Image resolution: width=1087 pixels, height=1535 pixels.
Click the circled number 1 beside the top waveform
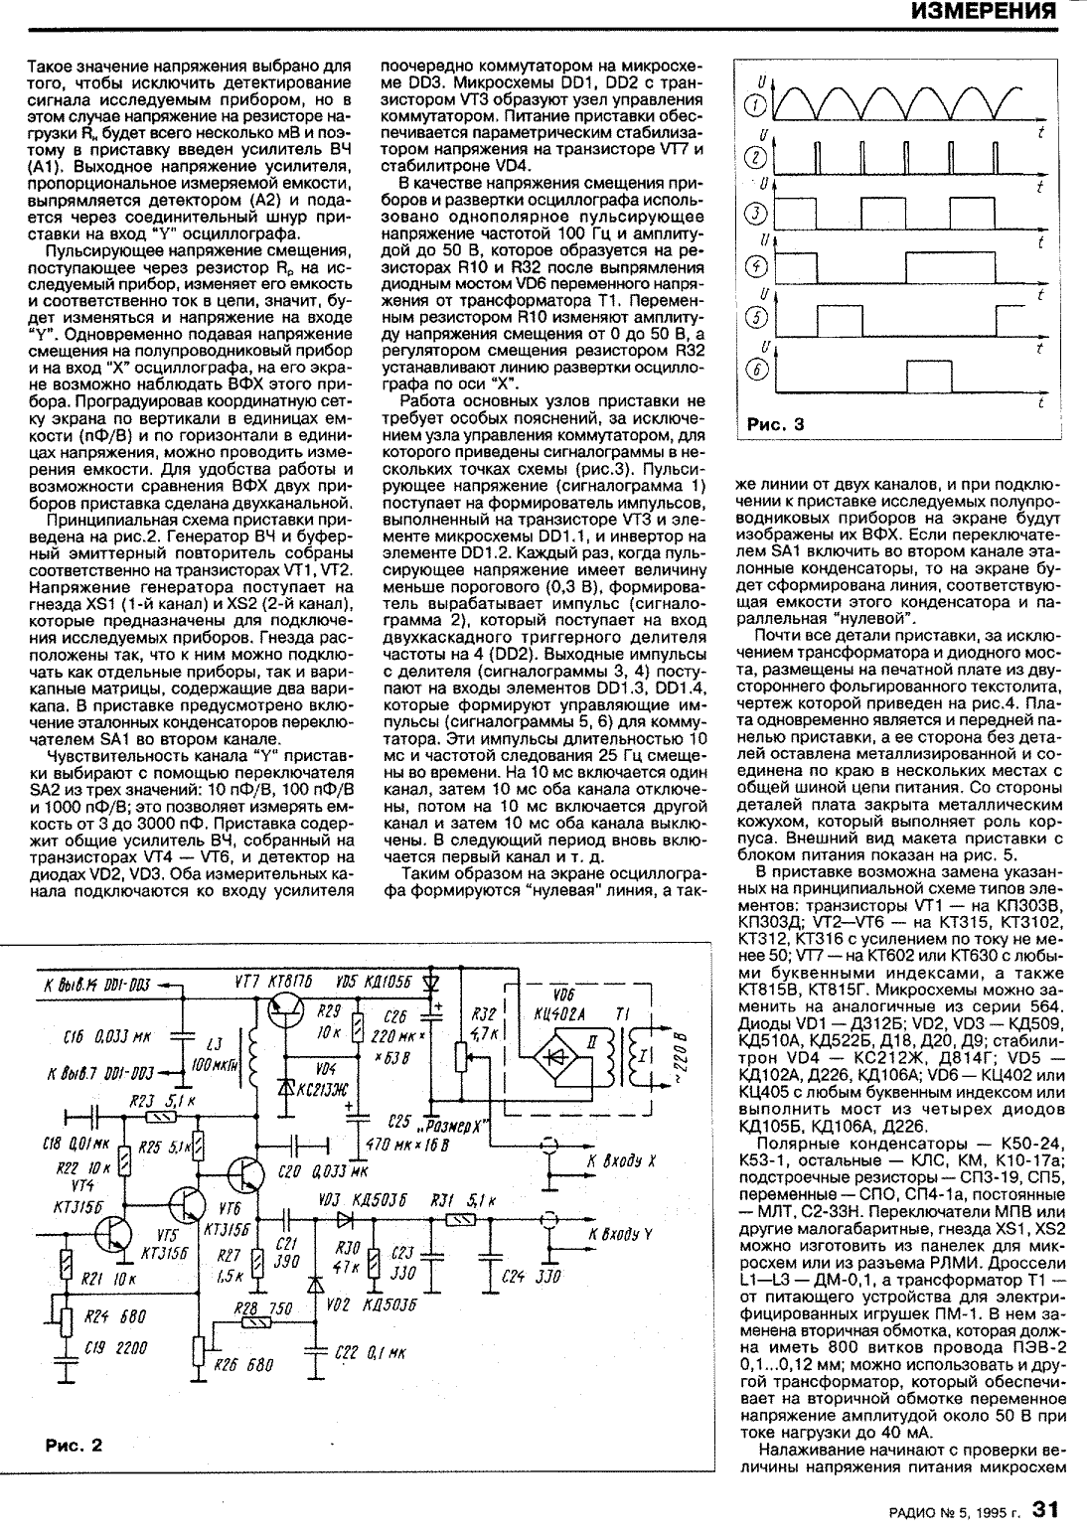pyautogui.click(x=756, y=105)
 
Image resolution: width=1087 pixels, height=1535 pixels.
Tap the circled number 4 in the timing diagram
pyautogui.click(x=756, y=266)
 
